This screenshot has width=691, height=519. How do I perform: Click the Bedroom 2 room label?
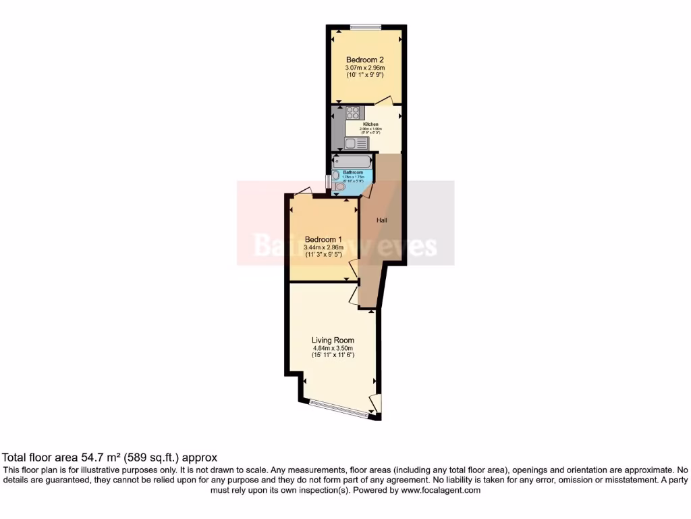click(x=364, y=59)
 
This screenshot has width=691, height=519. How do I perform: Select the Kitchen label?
click(x=370, y=124)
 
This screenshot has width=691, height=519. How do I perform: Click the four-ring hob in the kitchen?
click(x=353, y=113)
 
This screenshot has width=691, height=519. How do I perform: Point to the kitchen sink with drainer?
click(x=353, y=143)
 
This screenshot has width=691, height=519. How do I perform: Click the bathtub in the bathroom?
click(x=352, y=162)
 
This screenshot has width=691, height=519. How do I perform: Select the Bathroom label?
click(x=353, y=172)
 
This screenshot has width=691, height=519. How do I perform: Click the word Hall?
click(x=381, y=220)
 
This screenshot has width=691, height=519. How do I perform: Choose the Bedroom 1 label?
click(x=323, y=239)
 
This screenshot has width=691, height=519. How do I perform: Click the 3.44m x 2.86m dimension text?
click(x=323, y=247)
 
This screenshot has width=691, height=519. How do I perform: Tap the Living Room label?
click(x=333, y=340)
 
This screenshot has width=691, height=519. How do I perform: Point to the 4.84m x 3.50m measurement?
click(x=333, y=348)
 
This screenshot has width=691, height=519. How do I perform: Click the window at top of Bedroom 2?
click(x=365, y=26)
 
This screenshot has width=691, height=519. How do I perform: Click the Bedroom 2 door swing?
click(x=384, y=101)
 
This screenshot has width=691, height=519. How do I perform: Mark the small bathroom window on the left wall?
click(x=328, y=182)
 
